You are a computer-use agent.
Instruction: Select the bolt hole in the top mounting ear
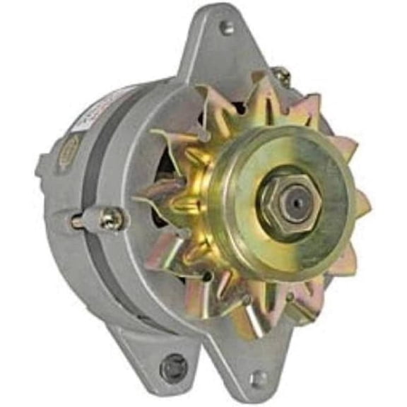pyautogui.click(x=226, y=28)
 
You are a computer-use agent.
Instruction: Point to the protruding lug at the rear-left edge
pyautogui.click(x=42, y=168)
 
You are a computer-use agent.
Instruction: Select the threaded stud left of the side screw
pyautogui.click(x=78, y=223)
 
